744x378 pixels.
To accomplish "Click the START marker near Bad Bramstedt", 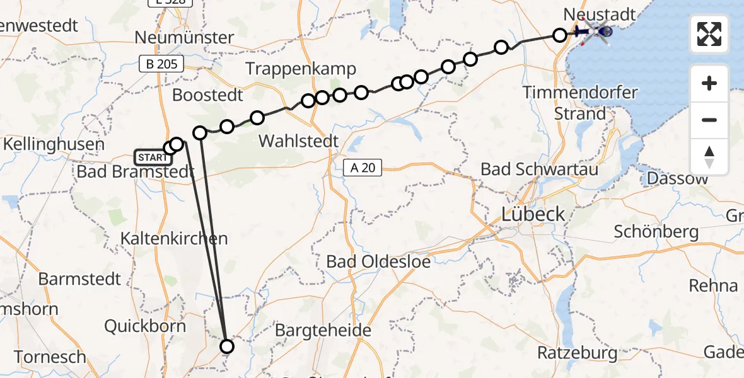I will click(151, 156).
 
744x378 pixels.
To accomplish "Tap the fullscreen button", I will click(709, 34).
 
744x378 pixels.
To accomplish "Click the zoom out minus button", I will click(709, 120).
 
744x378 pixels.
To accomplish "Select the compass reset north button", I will click(709, 157).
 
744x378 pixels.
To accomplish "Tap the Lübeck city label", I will click(533, 214).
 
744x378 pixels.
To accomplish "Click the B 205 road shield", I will click(161, 64).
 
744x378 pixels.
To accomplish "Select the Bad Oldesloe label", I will click(378, 261).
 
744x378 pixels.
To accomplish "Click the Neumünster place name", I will click(184, 38).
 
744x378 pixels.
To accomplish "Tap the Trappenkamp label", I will click(301, 69).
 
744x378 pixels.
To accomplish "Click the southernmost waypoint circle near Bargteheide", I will click(226, 346).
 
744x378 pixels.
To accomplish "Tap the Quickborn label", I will click(145, 326).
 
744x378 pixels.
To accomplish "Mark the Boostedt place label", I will click(207, 96).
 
